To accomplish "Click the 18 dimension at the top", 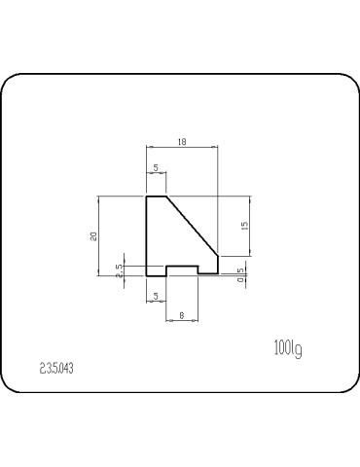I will (182, 142).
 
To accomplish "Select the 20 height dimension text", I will (93, 235).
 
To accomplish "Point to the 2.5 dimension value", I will (120, 270).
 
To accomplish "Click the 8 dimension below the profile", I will (183, 315).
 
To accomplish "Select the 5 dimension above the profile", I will (157, 168).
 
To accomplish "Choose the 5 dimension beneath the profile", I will (155, 296).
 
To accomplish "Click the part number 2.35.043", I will (57, 368).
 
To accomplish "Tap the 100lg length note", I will (288, 346).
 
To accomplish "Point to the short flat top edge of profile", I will (157, 197).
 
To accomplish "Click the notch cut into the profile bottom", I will (183, 268).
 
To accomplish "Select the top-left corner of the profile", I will (146, 197).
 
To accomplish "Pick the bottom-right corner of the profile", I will (217, 273).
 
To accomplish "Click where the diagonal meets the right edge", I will (217, 256).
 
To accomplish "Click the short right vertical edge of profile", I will (217, 265).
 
